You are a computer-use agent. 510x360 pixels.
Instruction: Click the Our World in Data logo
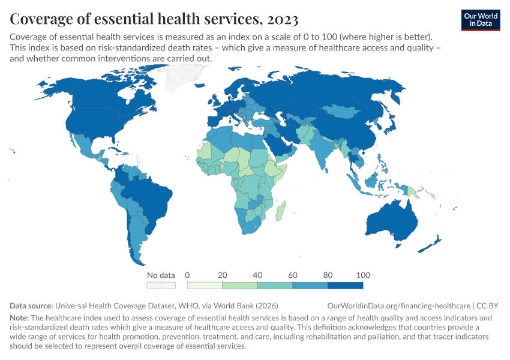coord(481,20)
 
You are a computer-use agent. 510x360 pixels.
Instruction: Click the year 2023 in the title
coord(280,19)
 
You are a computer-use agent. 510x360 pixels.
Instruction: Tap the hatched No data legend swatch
coord(161,286)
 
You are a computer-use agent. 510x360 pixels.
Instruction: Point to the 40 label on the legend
coord(257,275)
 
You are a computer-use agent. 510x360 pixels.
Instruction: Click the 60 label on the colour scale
coord(293,275)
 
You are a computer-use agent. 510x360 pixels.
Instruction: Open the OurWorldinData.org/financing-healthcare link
coord(400,305)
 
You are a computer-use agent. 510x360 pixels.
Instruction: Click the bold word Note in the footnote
coord(20,317)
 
